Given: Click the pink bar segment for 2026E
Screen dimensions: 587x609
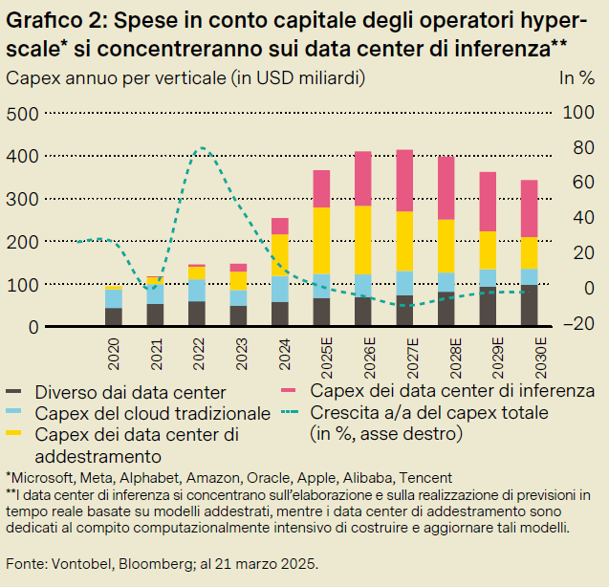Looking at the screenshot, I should tap(362, 178).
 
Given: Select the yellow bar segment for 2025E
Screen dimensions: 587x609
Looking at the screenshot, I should tap(321, 240).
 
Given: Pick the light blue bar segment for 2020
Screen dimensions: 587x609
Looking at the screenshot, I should tap(114, 298).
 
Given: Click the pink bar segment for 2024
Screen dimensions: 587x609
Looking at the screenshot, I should tap(280, 226).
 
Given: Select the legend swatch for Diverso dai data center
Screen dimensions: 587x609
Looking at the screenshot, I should tap(15, 392).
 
